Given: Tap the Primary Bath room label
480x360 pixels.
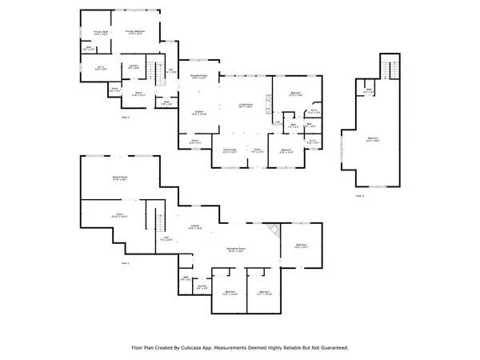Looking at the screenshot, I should [x=90, y=34].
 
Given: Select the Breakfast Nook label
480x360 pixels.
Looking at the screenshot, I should [x=199, y=78].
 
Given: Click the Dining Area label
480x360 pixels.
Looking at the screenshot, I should [x=229, y=150].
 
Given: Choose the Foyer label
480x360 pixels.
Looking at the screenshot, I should [x=258, y=150].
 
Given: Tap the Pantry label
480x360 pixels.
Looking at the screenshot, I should [x=194, y=142].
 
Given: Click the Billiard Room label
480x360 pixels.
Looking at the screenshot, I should [x=120, y=178].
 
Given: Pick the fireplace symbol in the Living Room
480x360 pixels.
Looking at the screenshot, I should [x=270, y=100].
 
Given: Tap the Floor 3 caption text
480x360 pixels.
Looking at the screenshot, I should [x=359, y=195].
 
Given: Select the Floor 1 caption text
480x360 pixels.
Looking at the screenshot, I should [x=125, y=262].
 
